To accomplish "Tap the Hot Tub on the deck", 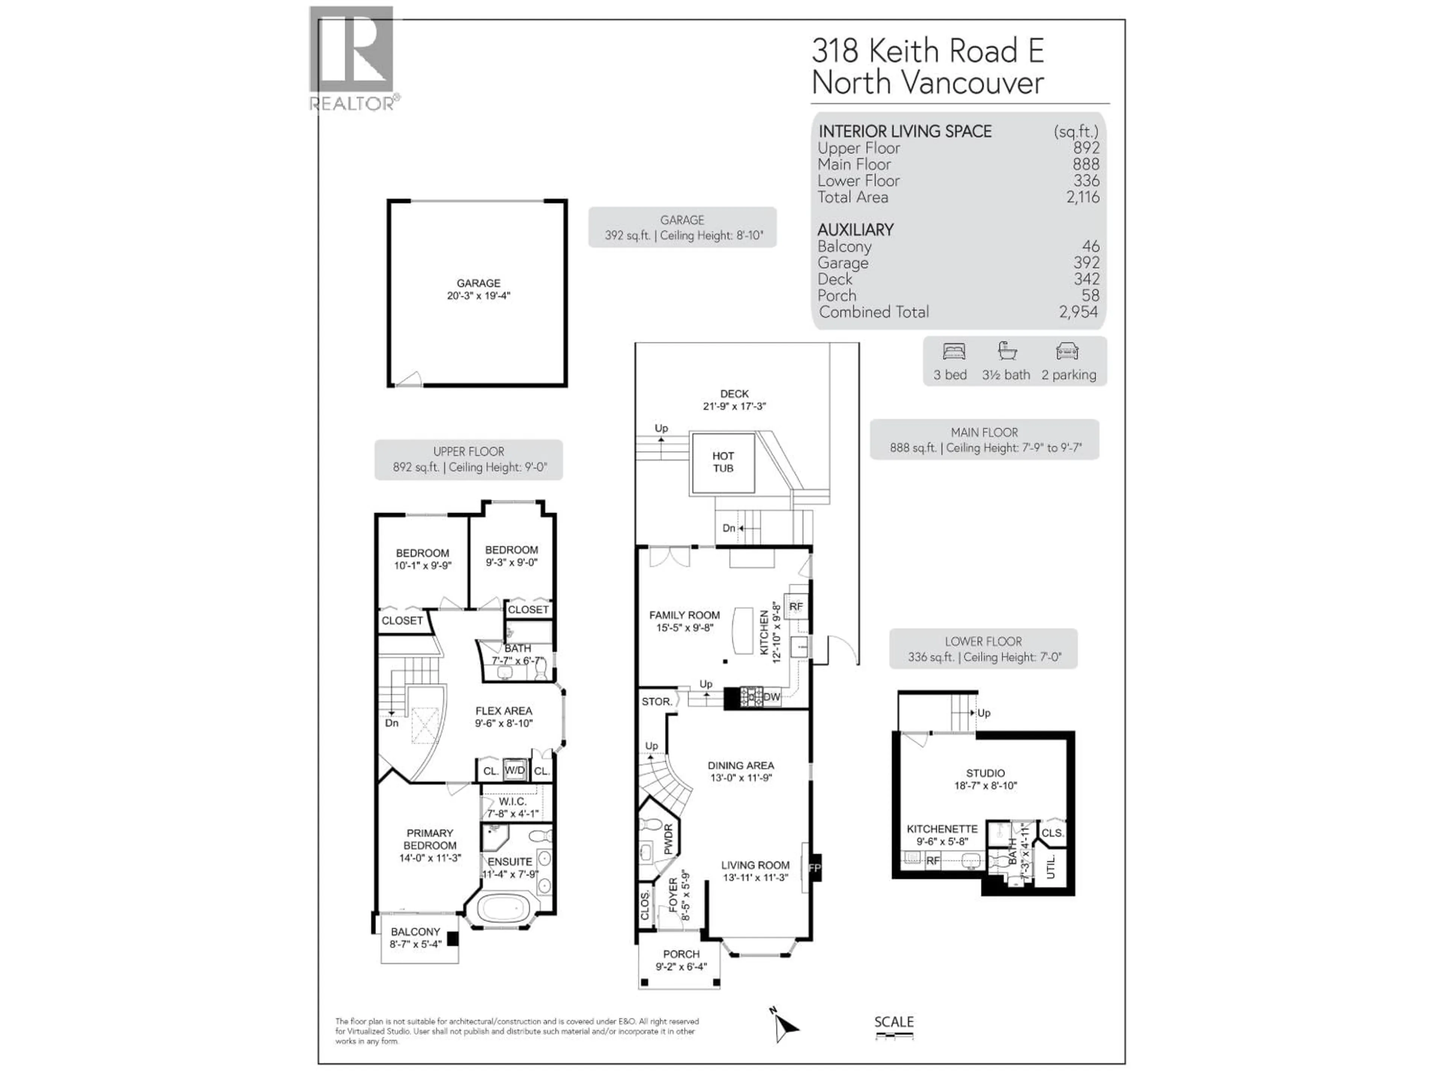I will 723,462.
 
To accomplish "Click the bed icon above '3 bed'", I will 954,352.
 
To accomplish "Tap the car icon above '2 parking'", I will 1067,352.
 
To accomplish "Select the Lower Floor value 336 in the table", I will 1086,181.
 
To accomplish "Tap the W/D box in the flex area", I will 514,770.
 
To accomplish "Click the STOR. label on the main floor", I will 656,702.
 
